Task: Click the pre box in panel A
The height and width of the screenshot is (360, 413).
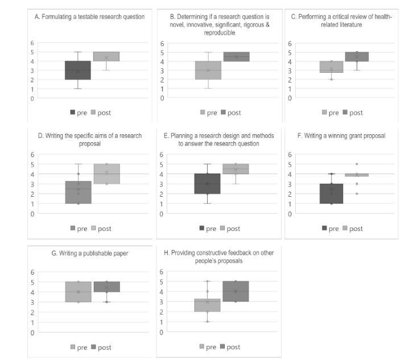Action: (x=78, y=71)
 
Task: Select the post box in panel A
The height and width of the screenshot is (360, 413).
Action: (x=106, y=56)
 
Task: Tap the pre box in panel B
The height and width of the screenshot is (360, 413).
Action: (x=209, y=70)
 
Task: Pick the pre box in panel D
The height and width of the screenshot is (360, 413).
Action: (x=78, y=192)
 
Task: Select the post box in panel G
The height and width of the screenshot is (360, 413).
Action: (x=106, y=287)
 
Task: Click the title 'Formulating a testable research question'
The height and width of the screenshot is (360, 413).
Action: (x=90, y=16)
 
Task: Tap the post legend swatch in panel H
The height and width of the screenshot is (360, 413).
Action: (x=222, y=346)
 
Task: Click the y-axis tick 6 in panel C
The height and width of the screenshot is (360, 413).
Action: (x=291, y=44)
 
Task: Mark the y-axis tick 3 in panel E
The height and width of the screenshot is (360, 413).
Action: (x=162, y=184)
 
